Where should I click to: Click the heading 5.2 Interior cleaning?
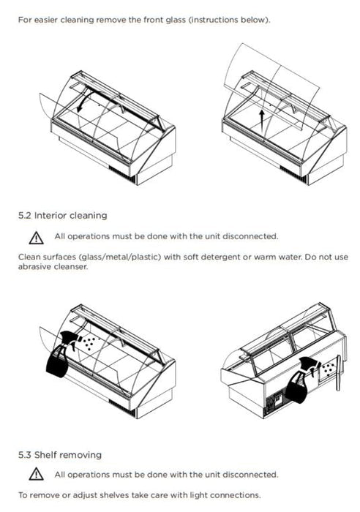click(62, 216)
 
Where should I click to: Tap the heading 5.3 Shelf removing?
click(60, 455)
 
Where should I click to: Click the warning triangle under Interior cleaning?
click(36, 238)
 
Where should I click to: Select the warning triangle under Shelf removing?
click(36, 474)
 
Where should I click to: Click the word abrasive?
click(34, 266)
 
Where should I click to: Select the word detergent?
click(220, 257)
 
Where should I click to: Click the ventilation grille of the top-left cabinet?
click(121, 174)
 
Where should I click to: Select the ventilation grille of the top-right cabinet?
click(293, 174)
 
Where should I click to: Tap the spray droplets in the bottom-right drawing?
click(329, 368)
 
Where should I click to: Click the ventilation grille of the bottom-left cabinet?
click(121, 407)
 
